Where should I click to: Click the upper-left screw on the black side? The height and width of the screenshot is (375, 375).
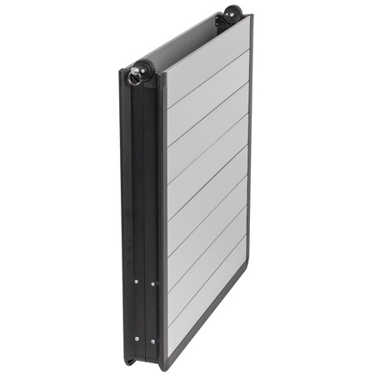pos(136,282)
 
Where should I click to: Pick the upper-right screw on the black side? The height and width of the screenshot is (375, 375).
pos(152,283)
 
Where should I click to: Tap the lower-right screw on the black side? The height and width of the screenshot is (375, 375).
pos(152,340)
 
